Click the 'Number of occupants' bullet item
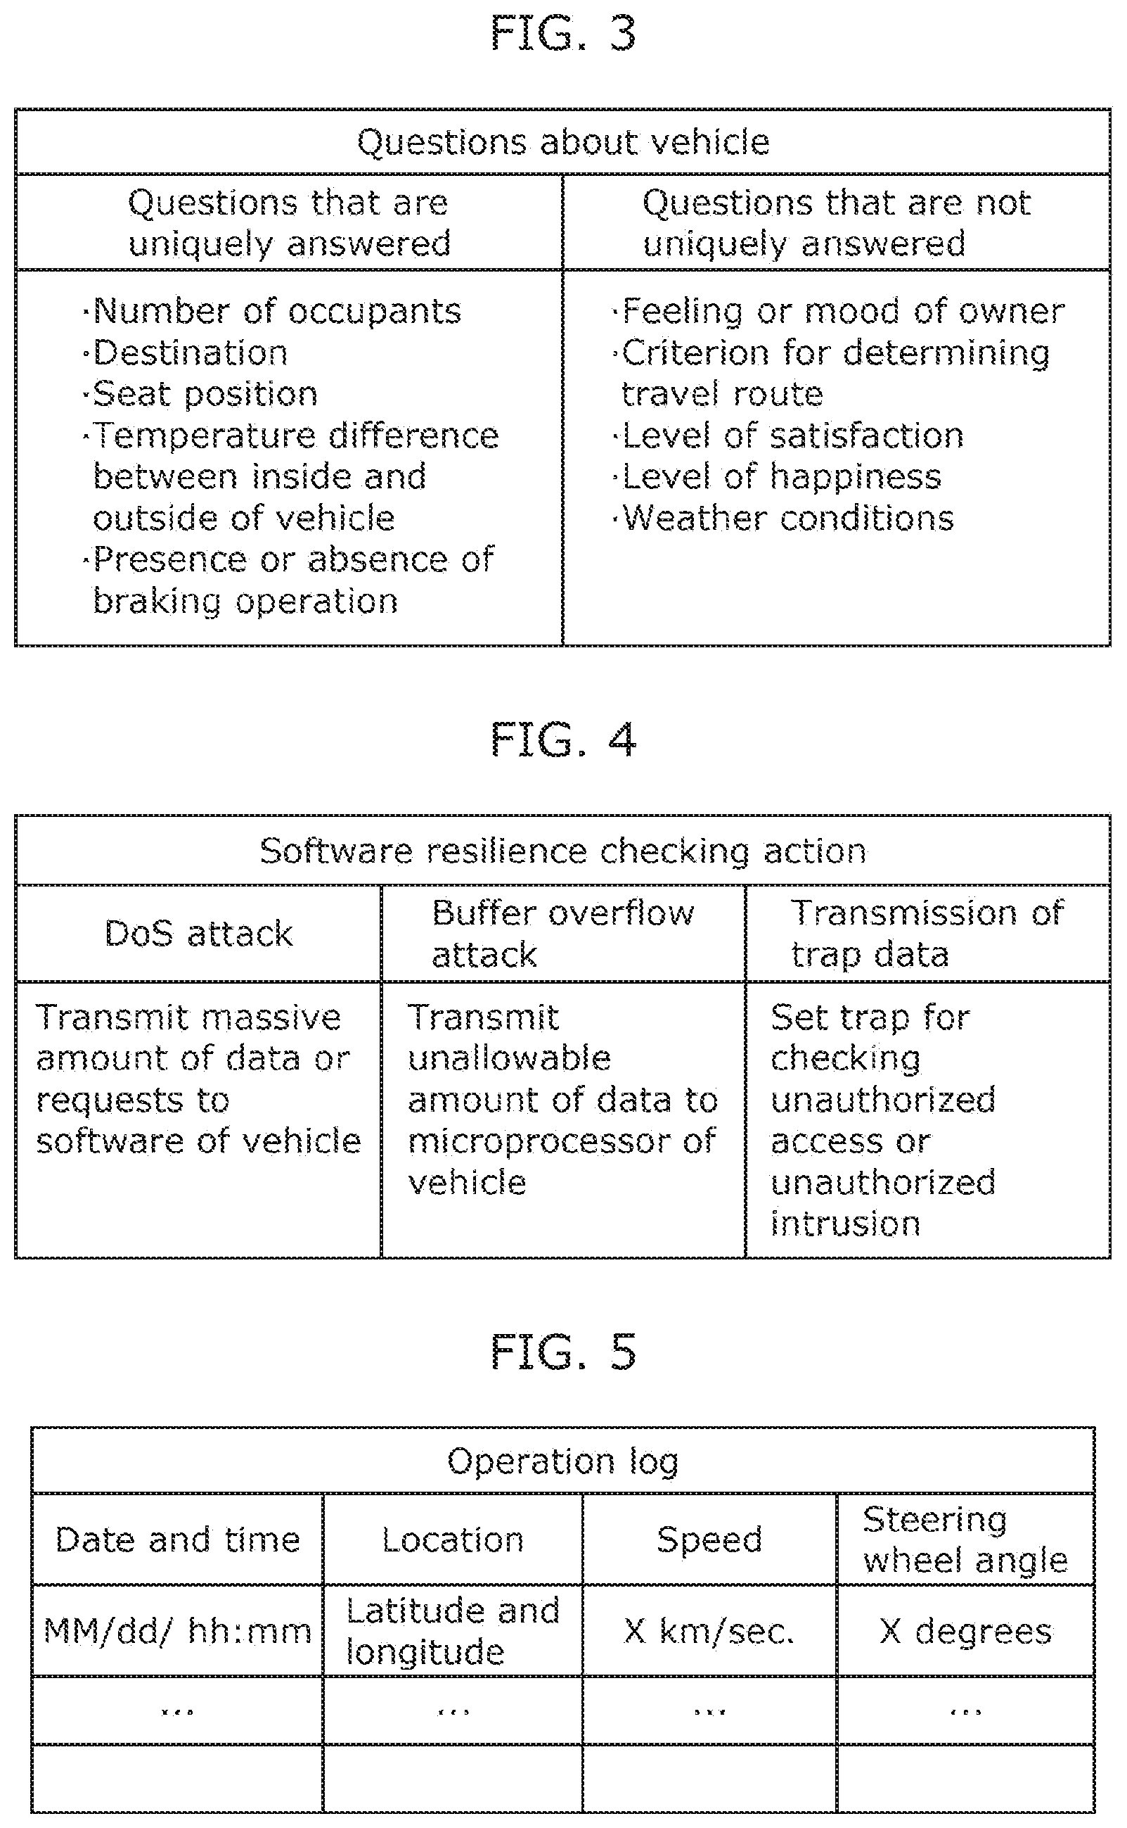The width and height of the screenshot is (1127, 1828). click(272, 311)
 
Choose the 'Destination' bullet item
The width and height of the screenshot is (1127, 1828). click(185, 353)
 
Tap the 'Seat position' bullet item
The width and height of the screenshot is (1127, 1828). click(200, 394)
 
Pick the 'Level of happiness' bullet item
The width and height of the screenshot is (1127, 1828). click(777, 476)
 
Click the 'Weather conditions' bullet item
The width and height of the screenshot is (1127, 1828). click(783, 519)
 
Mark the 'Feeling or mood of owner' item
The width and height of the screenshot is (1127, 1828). click(838, 311)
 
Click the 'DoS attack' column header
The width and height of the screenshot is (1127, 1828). click(199, 934)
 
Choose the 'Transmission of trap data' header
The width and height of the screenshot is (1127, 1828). click(927, 934)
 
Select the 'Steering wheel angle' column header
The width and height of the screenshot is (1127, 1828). click(965, 1540)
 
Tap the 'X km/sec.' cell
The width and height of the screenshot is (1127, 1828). click(709, 1631)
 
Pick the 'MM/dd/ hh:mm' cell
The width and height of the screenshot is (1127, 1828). click(177, 1631)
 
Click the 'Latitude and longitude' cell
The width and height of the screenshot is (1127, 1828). click(453, 1631)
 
